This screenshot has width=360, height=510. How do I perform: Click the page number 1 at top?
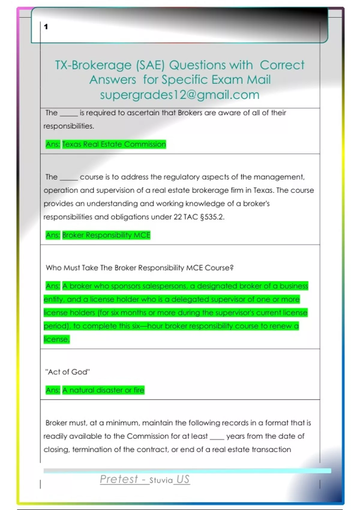pyautogui.click(x=46, y=27)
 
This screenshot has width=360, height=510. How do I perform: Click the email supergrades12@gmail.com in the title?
pyautogui.click(x=179, y=95)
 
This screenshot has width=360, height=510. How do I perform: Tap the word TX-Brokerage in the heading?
pyautogui.click(x=93, y=65)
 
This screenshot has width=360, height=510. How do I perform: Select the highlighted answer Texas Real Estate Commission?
pyautogui.click(x=114, y=144)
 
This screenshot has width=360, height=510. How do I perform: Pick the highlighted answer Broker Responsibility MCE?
pyautogui.click(x=106, y=235)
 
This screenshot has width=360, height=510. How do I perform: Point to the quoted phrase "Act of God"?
pyautogui.click(x=67, y=372)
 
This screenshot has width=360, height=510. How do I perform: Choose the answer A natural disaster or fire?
pyautogui.click(x=103, y=390)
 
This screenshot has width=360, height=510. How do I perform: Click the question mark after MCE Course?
pyautogui.click(x=231, y=268)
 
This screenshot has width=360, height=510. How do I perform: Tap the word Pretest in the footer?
pyautogui.click(x=119, y=479)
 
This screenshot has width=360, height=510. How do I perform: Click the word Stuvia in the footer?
pyautogui.click(x=161, y=480)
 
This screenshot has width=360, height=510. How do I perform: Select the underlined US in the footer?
pyautogui.click(x=183, y=479)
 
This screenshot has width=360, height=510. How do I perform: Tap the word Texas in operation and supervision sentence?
pyautogui.click(x=263, y=190)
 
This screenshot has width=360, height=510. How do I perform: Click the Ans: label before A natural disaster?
pyautogui.click(x=53, y=390)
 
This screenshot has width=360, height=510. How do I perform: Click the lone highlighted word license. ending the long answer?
pyautogui.click(x=57, y=339)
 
